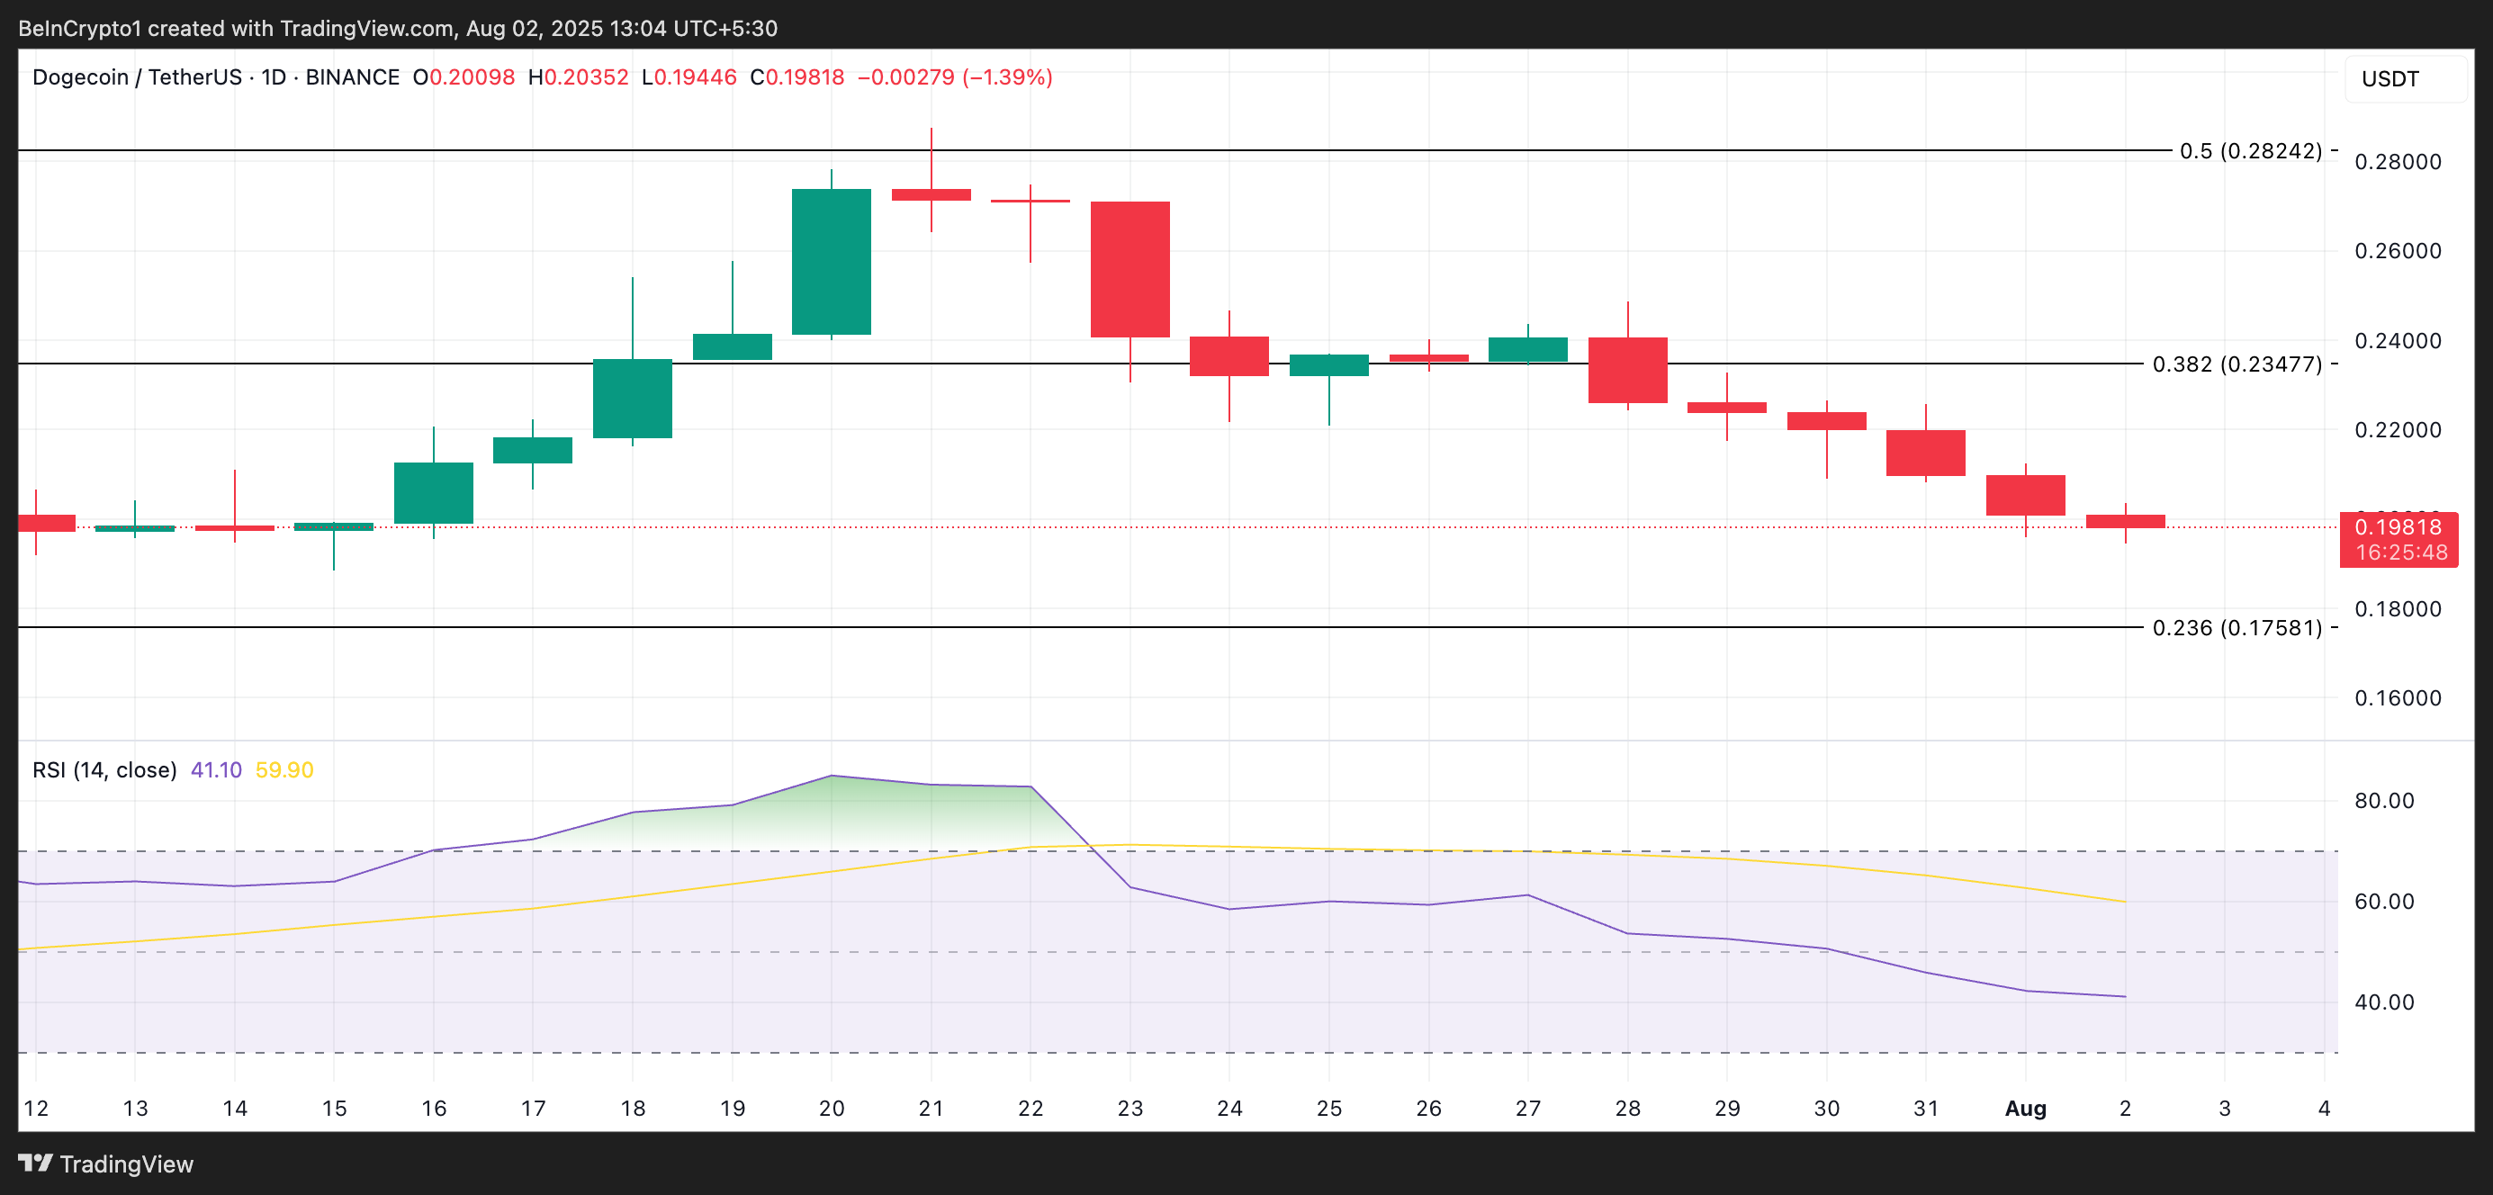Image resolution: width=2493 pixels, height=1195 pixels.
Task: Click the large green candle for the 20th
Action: click(x=831, y=261)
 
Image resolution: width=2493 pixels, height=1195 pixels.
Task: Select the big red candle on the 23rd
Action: click(x=1129, y=269)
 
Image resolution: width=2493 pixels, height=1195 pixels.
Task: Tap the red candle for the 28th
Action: click(x=1627, y=370)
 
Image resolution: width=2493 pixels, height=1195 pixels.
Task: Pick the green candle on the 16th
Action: click(x=433, y=492)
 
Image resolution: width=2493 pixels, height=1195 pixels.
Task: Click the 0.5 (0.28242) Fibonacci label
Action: click(x=2249, y=151)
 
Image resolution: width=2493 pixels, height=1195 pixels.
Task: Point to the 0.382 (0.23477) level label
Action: click(x=2236, y=364)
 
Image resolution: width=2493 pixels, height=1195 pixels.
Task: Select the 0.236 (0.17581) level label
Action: click(x=2236, y=628)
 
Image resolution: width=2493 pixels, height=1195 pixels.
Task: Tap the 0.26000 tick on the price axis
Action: click(x=2398, y=251)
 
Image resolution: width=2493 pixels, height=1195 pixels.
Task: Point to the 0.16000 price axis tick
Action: click(x=2398, y=697)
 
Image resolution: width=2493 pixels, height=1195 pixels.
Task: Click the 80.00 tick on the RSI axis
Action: click(x=2383, y=800)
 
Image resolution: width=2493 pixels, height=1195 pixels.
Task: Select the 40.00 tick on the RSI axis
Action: click(x=2383, y=1002)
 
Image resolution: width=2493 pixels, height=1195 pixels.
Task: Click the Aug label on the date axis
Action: click(x=2025, y=1108)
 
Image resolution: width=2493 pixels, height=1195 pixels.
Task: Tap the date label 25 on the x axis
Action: click(x=1328, y=1108)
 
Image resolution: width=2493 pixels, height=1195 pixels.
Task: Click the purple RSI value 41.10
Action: click(x=216, y=770)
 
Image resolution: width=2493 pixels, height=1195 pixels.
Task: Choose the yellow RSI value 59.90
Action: click(x=283, y=770)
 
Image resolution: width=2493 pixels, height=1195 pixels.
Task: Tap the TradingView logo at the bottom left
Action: click(x=106, y=1164)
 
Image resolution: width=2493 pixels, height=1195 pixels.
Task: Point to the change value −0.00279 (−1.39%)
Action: click(x=954, y=77)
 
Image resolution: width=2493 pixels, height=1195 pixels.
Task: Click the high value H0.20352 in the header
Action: click(x=578, y=77)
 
